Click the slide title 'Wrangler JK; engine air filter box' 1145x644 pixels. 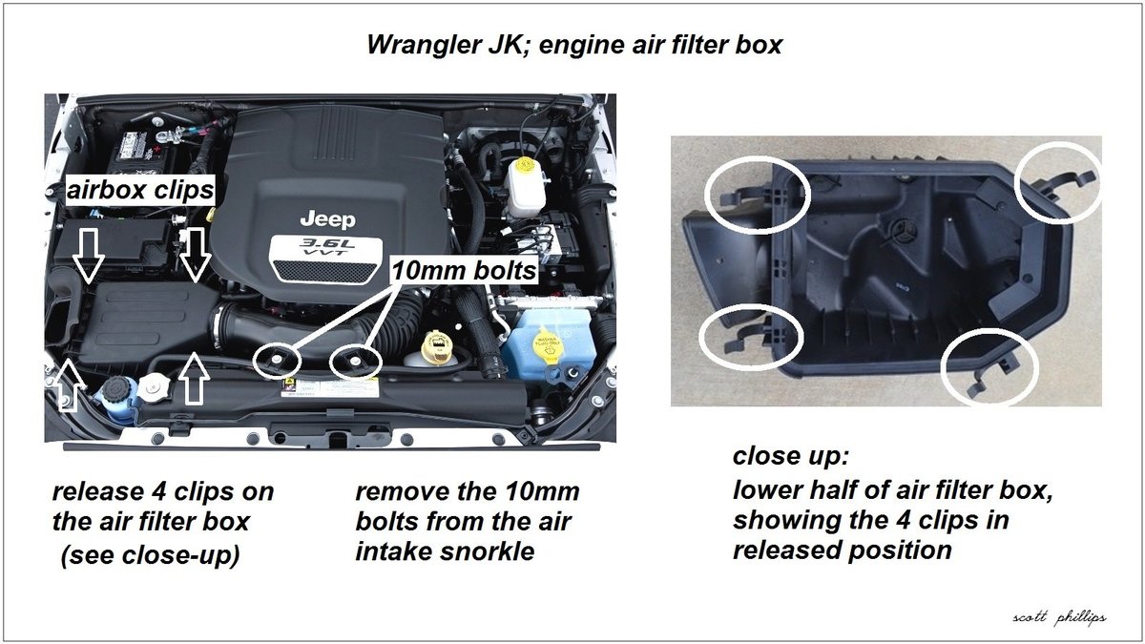tap(573, 45)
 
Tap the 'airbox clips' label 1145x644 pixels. tap(139, 191)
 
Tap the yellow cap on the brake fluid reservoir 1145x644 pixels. tap(525, 174)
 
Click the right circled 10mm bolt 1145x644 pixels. tap(355, 361)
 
